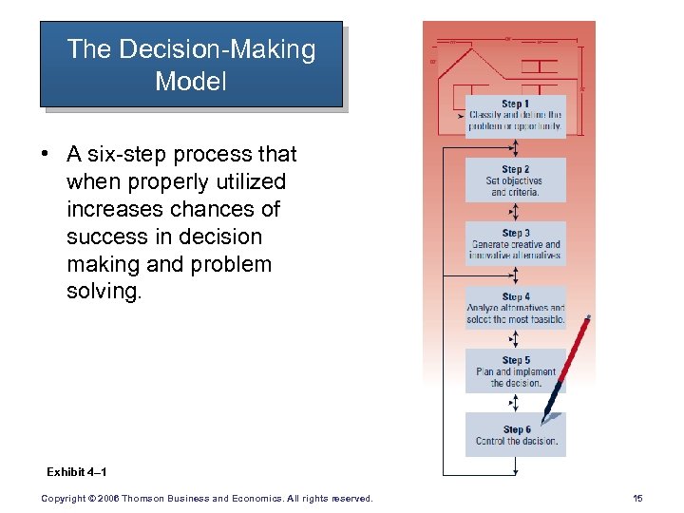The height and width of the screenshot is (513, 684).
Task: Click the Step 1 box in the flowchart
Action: [515, 116]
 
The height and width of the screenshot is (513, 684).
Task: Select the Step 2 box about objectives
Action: [515, 180]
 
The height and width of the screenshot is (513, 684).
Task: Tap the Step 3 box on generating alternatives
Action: [515, 244]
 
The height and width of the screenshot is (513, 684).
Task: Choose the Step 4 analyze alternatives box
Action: [515, 308]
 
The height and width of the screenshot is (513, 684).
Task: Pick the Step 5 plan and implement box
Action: [515, 371]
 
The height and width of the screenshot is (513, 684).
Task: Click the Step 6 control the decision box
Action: [515, 435]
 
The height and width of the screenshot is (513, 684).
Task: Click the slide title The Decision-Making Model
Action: [191, 65]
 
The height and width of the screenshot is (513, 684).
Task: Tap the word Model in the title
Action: [191, 81]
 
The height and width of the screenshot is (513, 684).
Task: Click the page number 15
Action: [636, 499]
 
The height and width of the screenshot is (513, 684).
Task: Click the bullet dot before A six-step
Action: [47, 155]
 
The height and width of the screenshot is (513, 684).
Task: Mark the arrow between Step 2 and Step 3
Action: [514, 212]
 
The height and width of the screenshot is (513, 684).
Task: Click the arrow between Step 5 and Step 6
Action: [514, 403]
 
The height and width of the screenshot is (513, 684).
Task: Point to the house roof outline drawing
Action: [475, 64]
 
